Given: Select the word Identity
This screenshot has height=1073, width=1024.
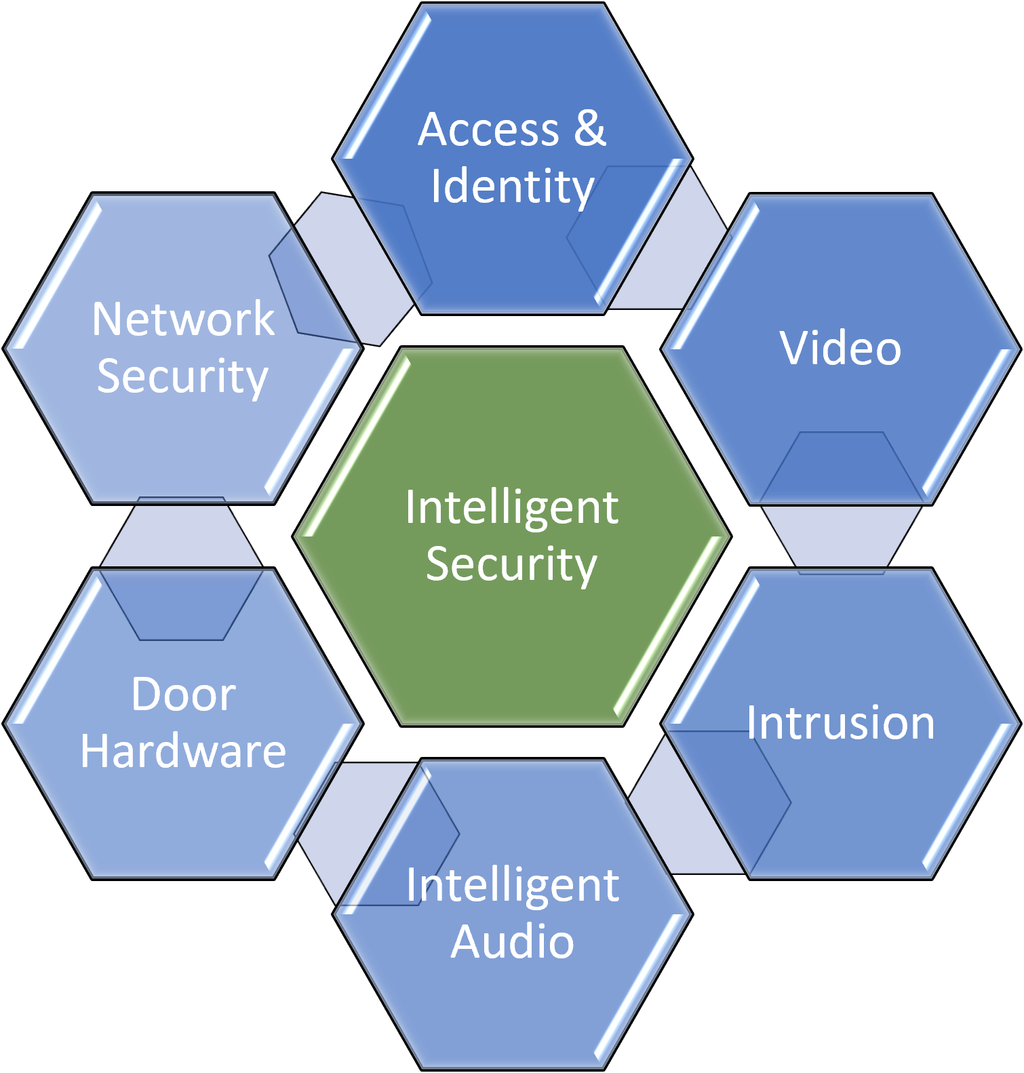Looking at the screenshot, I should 513,187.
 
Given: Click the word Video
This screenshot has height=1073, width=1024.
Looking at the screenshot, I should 840,349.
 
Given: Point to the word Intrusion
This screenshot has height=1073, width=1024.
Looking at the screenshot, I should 840,723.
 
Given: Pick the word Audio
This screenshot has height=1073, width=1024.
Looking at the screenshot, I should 513,942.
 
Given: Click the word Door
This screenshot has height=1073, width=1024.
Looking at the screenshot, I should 183,695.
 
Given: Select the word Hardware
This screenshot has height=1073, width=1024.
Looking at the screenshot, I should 183,752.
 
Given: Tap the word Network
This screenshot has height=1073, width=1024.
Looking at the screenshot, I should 183,319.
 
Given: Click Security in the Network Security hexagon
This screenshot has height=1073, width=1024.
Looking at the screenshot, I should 183,376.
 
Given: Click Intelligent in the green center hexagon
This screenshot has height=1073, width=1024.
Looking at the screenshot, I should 512,507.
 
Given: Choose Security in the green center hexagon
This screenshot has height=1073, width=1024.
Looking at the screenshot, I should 512,564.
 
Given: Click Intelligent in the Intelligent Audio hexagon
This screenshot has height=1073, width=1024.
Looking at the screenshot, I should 513,885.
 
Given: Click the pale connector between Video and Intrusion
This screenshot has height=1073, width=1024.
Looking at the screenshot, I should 841,536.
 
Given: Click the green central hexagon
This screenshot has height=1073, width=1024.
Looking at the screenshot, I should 512,644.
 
